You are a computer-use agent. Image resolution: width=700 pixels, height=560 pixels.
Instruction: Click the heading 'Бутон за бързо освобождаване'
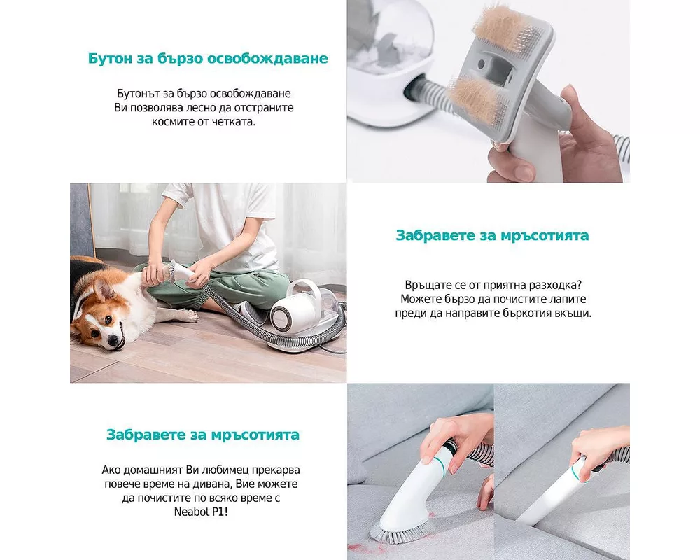point(208,58)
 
